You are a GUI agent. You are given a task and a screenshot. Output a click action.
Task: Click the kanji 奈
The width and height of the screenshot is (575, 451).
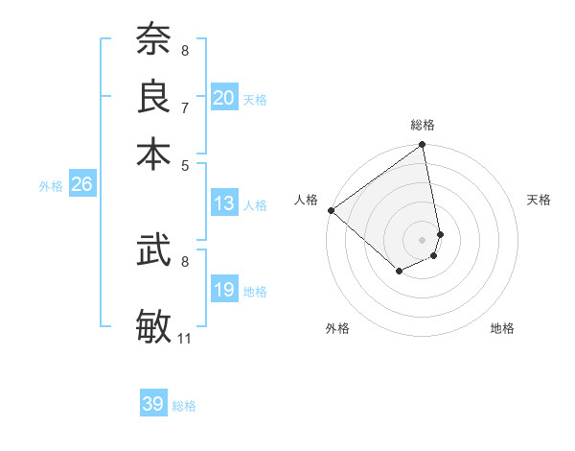[x=153, y=41]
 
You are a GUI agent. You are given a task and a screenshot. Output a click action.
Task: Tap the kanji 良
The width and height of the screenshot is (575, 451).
[x=153, y=97]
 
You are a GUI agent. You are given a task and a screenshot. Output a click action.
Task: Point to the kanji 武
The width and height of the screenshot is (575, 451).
[x=153, y=251]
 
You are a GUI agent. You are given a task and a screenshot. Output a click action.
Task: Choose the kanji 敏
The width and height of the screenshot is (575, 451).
[x=153, y=324]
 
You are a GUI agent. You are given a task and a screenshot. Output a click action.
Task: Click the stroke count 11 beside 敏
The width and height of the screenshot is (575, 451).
[x=185, y=338]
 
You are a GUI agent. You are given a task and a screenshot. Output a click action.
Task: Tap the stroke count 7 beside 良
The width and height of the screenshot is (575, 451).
[x=185, y=107]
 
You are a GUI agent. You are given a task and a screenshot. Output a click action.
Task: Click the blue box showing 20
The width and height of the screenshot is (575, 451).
[x=224, y=97]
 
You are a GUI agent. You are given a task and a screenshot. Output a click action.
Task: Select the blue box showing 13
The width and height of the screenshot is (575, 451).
[x=224, y=203]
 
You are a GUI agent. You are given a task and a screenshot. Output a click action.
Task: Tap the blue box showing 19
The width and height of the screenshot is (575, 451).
[x=224, y=290]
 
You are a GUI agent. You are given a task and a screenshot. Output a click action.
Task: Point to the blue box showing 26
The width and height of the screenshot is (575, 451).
[x=81, y=185]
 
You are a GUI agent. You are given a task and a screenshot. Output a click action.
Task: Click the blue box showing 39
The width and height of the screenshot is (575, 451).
[x=153, y=404]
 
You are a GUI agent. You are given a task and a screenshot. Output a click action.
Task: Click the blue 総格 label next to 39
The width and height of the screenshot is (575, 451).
[x=184, y=406]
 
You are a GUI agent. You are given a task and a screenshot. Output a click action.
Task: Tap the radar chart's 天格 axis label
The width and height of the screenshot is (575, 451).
[x=539, y=200]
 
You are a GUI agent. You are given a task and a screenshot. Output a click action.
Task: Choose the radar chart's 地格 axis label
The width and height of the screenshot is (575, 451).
[x=502, y=328]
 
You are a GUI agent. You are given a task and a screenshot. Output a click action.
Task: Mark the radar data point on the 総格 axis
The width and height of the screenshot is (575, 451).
[x=423, y=146]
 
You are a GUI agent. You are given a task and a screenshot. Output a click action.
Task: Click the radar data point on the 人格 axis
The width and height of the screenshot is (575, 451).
[x=331, y=210]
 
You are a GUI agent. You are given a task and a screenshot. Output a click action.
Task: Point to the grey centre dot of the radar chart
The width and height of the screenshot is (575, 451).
[x=423, y=239]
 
